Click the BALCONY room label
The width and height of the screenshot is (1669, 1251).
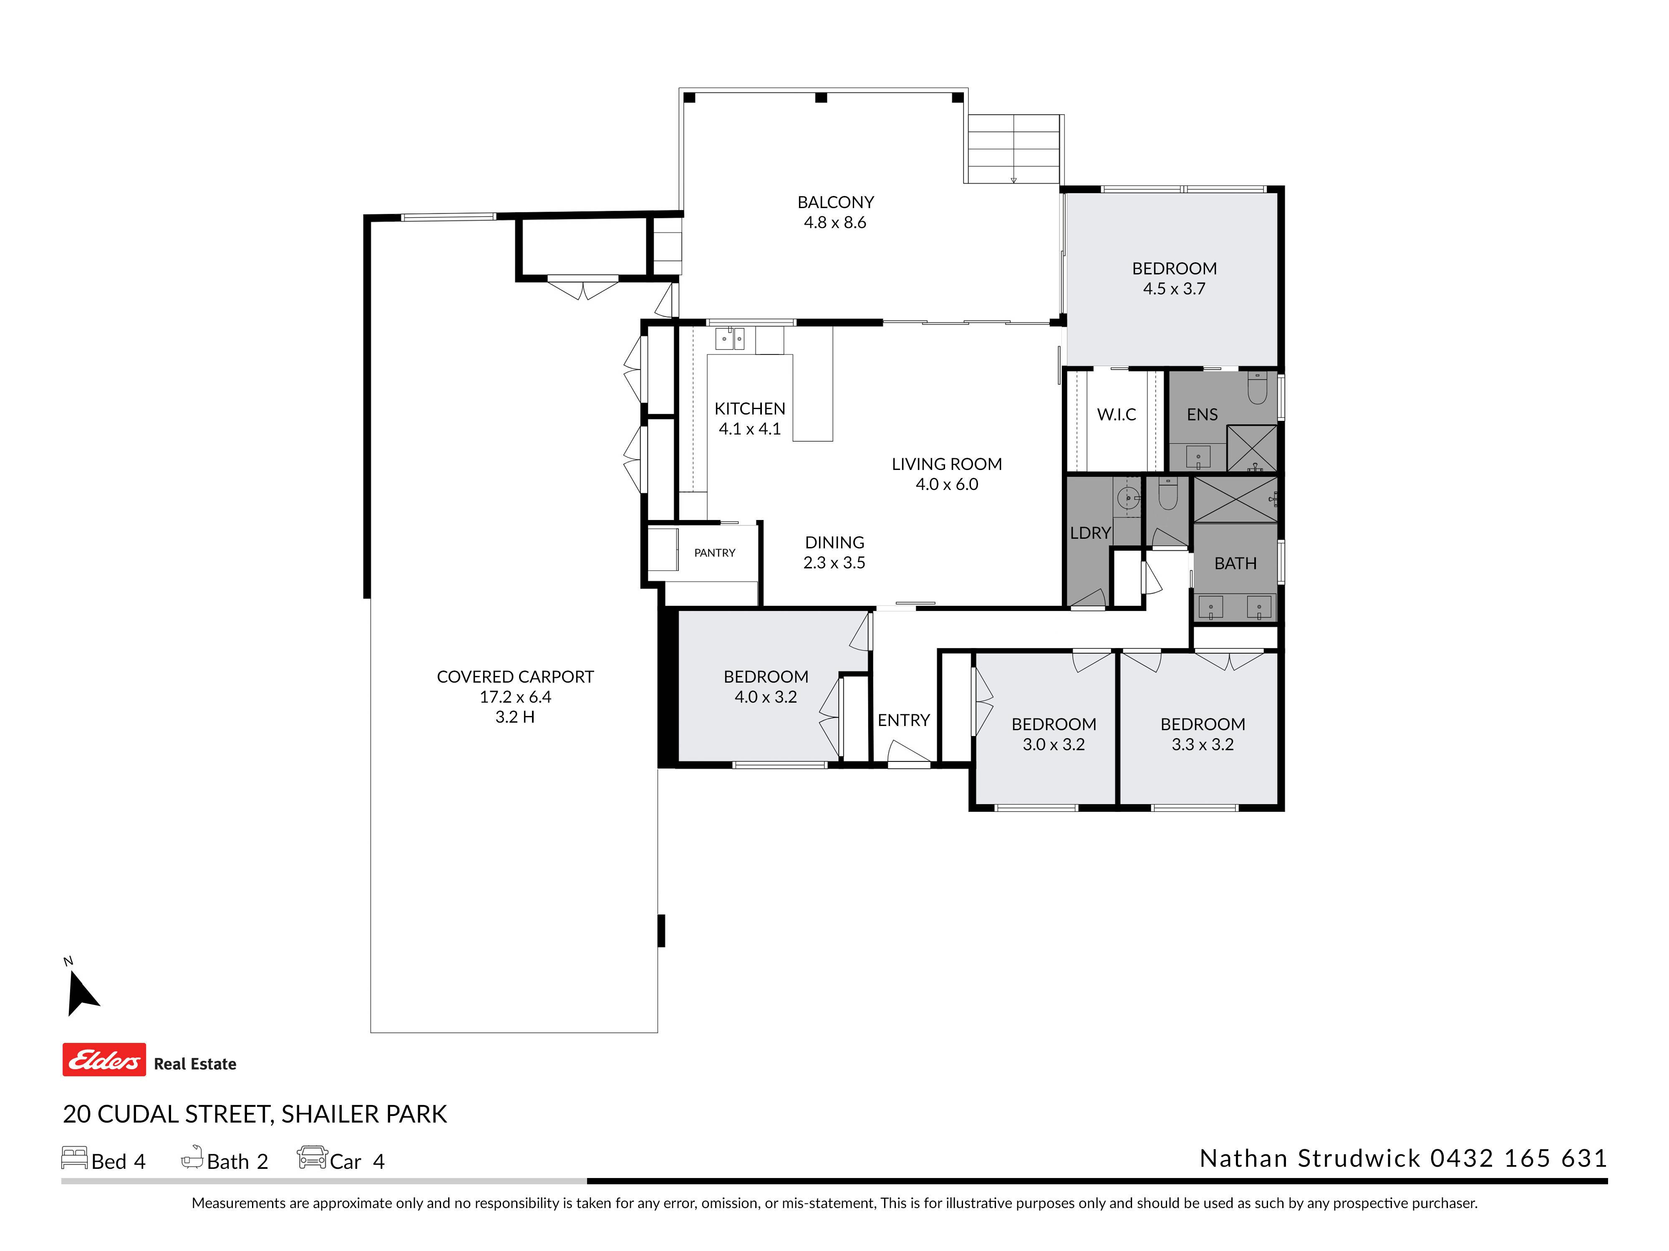click(835, 202)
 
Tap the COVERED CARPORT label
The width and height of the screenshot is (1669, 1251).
click(515, 676)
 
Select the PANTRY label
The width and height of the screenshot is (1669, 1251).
click(714, 553)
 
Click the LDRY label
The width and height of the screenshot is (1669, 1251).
click(1090, 533)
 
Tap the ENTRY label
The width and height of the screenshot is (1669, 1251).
click(903, 720)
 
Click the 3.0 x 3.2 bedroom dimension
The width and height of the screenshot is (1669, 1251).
click(1053, 744)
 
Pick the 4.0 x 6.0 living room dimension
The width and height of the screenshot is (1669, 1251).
click(947, 484)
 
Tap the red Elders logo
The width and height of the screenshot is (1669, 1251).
click(104, 1060)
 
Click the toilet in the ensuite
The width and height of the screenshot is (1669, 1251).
click(1257, 387)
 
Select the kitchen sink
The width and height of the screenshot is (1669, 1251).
click(730, 339)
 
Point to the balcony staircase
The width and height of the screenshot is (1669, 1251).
click(1014, 148)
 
